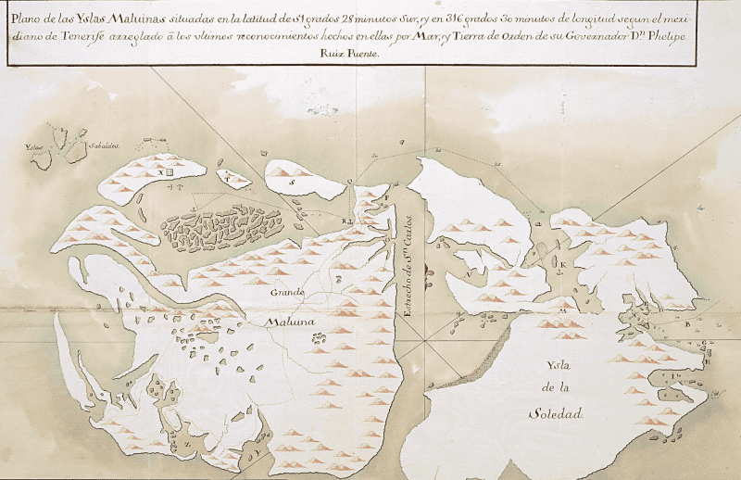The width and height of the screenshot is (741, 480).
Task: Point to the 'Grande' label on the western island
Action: point(287,293)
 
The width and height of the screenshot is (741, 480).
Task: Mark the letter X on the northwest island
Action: point(159,172)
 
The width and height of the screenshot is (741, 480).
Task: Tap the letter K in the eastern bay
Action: point(561,263)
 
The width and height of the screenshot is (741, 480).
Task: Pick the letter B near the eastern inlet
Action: point(685,325)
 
